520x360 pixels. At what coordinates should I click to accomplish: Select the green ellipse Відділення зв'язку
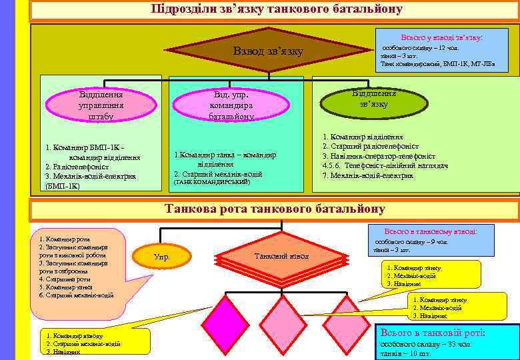(373, 99)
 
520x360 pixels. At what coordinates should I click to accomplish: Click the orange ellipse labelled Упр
(161, 256)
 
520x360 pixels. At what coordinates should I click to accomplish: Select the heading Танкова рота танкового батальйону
(275, 209)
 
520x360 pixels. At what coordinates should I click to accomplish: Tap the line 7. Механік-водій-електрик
(367, 175)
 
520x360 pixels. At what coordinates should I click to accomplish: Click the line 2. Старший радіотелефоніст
(371, 146)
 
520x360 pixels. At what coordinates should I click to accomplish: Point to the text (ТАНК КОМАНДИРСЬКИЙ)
(212, 181)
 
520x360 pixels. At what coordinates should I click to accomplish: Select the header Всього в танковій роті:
(433, 332)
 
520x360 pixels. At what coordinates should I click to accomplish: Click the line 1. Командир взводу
(73, 336)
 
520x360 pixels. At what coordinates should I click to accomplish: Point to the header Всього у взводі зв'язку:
(442, 38)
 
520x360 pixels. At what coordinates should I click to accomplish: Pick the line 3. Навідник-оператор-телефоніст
(379, 155)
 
